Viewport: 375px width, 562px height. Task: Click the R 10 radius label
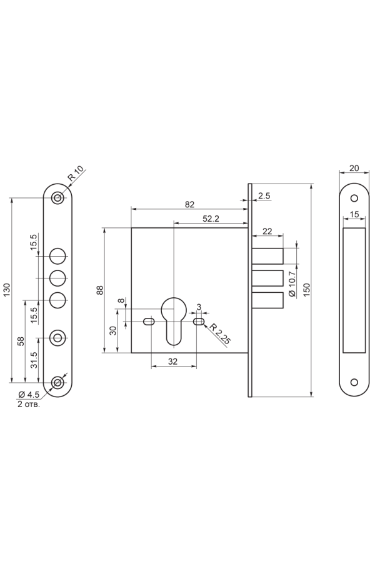click(76, 173)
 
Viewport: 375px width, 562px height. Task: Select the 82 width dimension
click(189, 204)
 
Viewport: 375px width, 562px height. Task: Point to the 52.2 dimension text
click(211, 219)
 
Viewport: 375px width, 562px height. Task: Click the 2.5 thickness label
click(264, 195)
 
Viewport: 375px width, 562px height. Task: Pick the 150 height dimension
click(306, 290)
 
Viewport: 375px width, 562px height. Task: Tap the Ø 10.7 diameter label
click(291, 284)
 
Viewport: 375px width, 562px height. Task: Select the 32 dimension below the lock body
click(173, 362)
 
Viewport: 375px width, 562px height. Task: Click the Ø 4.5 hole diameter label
click(28, 395)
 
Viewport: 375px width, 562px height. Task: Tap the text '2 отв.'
click(29, 404)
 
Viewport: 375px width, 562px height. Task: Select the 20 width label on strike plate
click(354, 168)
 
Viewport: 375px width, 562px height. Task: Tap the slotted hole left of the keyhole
click(149, 322)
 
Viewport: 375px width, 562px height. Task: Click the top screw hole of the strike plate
click(354, 198)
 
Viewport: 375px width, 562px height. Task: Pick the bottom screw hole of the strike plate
click(354, 382)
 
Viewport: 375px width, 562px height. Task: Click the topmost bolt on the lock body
click(267, 256)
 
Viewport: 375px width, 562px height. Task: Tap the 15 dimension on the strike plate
click(354, 214)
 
